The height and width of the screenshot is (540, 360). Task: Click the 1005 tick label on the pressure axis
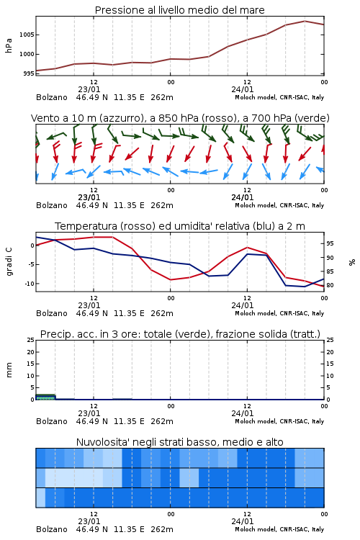(x=27, y=35)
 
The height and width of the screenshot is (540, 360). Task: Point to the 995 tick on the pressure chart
(x=28, y=73)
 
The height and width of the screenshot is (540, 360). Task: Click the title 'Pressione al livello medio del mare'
(x=180, y=10)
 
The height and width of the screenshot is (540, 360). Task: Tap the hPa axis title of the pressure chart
(x=9, y=45)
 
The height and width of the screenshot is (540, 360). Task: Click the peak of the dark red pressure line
(x=305, y=21)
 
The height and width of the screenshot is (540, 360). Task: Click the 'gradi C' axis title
(x=9, y=261)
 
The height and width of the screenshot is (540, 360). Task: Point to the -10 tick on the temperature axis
(x=29, y=284)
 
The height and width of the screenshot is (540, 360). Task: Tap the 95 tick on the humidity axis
(x=330, y=243)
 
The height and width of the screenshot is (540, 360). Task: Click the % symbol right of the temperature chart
(x=352, y=262)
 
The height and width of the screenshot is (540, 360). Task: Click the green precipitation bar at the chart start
(x=45, y=397)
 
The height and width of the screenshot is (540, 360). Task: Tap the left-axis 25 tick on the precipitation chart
(x=31, y=340)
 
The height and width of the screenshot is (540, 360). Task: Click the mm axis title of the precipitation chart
(x=9, y=369)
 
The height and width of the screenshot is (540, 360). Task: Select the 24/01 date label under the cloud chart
(x=243, y=521)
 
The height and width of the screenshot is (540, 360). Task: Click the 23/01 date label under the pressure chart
(x=89, y=89)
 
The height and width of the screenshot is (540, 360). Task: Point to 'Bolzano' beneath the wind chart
(x=52, y=206)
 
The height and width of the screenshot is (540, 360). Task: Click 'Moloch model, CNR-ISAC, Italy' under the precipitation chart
(x=279, y=421)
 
